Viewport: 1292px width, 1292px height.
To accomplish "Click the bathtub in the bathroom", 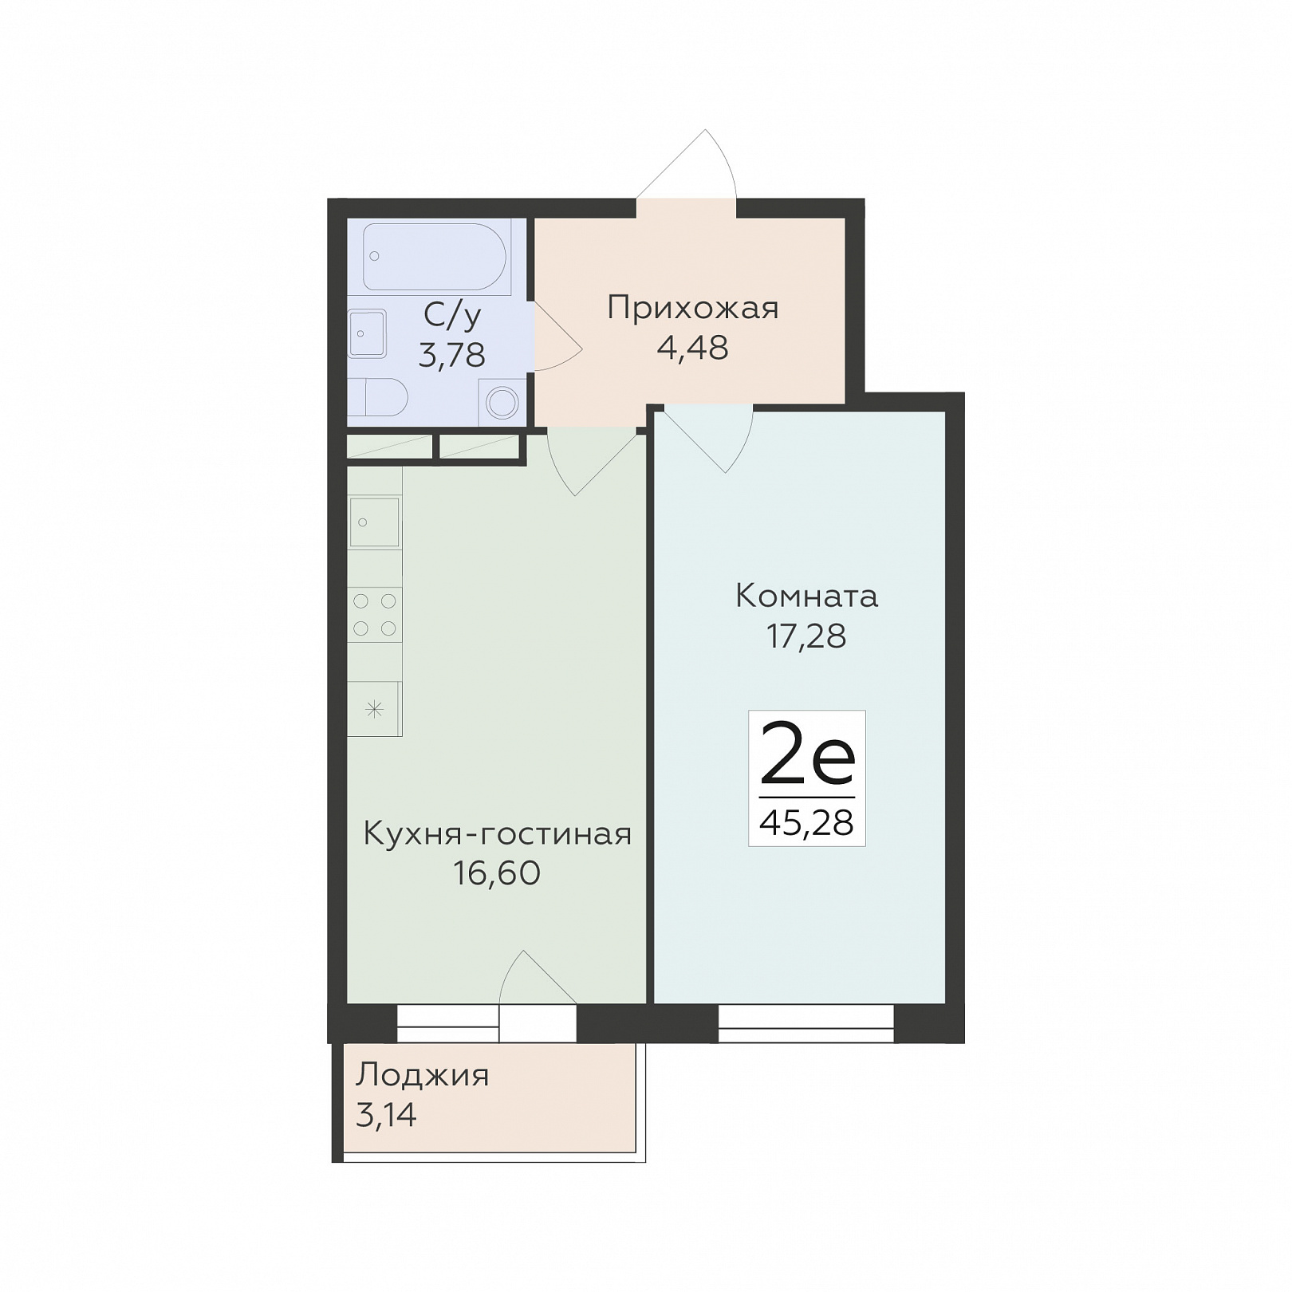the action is pos(435,256).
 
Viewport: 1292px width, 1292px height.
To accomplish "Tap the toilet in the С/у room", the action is pos(378,396).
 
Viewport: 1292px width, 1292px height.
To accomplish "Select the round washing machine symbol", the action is pos(502,402).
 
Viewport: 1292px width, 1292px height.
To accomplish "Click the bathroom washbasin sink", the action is pos(368,333).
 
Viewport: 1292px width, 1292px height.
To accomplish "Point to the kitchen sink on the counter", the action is pos(374,522).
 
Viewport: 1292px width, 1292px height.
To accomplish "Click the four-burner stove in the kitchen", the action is pos(375,615).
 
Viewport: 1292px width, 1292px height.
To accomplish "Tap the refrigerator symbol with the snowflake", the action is pos(374,708).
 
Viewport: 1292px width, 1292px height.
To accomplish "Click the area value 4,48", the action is pos(692,348).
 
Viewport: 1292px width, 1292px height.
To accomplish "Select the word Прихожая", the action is pos(692,308).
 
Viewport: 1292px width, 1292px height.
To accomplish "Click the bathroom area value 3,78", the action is pos(451,354).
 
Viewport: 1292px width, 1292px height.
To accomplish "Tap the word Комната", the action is pos(806,596).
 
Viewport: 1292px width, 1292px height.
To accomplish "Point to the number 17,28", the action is pos(806,636).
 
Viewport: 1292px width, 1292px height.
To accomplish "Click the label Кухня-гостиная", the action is pos(497,834).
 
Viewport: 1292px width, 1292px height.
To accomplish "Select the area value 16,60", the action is pos(497,873).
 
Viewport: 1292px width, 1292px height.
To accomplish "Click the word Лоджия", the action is pos(422,1076).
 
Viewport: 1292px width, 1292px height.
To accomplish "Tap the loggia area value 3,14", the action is pos(386,1115).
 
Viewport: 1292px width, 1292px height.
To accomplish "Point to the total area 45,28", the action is pos(806,822).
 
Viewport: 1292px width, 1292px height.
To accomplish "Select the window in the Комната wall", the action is pos(806,1023).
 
